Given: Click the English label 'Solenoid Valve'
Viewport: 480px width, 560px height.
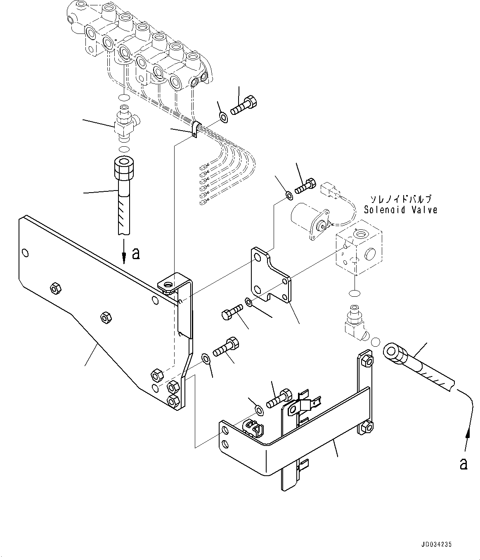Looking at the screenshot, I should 400,210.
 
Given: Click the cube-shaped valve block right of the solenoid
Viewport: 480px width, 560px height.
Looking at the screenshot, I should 358,252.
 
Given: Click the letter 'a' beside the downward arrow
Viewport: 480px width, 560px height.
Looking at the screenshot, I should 135,254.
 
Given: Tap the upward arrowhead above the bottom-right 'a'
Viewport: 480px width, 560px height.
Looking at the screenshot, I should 468,434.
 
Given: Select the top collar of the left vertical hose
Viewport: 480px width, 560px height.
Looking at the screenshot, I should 123,167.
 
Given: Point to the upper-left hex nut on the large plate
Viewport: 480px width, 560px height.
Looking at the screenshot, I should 54,288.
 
